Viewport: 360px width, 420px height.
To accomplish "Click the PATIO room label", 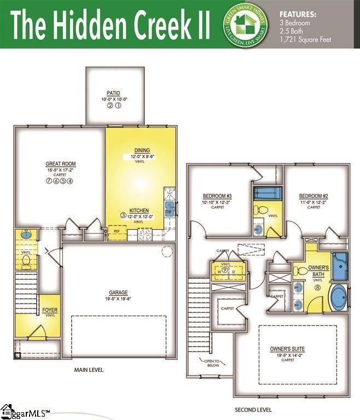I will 114,93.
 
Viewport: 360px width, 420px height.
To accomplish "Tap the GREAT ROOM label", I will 60,164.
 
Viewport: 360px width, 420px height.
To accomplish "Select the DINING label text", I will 142,150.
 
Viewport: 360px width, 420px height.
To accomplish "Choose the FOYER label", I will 50,310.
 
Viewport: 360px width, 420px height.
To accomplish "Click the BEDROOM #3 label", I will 218,196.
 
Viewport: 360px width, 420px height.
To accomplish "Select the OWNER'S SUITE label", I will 287,348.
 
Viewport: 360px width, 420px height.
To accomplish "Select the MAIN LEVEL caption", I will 89,370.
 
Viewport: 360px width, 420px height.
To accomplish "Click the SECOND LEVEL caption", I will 253,409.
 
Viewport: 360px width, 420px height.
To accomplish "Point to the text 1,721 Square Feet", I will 305,40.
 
